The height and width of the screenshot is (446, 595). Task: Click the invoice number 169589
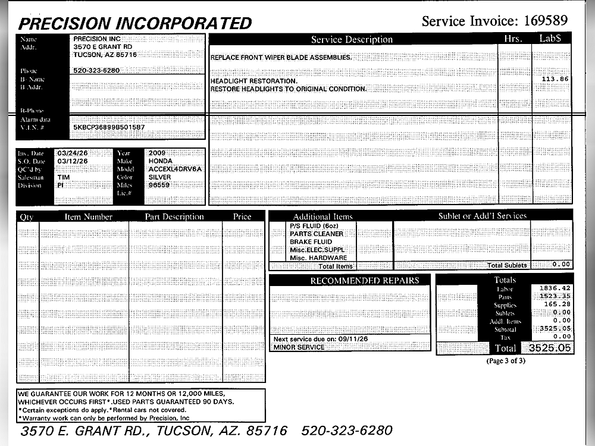pyautogui.click(x=546, y=21)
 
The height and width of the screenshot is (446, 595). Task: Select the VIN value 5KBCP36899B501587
pyautogui.click(x=109, y=127)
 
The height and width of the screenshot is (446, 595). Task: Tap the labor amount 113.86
pyautogui.click(x=556, y=79)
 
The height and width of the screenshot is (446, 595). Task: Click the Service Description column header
pyautogui.click(x=352, y=40)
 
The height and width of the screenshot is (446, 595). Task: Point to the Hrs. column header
pyautogui.click(x=512, y=39)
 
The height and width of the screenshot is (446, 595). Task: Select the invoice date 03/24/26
pyautogui.click(x=73, y=153)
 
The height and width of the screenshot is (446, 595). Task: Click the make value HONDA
pyautogui.click(x=161, y=161)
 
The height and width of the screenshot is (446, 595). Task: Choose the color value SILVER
pyautogui.click(x=159, y=177)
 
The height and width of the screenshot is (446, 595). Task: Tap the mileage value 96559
pyautogui.click(x=159, y=185)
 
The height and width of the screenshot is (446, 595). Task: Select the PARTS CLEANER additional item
pyautogui.click(x=317, y=234)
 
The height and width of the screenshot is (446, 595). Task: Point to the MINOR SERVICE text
pyautogui.click(x=299, y=347)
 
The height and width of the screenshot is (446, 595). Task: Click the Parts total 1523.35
pyautogui.click(x=555, y=296)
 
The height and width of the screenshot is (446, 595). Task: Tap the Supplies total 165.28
pyautogui.click(x=557, y=304)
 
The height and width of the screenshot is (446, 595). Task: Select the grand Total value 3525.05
pyautogui.click(x=547, y=347)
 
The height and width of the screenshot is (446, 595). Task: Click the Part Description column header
pyautogui.click(x=175, y=217)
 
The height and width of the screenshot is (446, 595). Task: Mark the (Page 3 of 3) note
pyautogui.click(x=506, y=360)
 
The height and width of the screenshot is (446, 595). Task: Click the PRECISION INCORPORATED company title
pyautogui.click(x=135, y=23)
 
